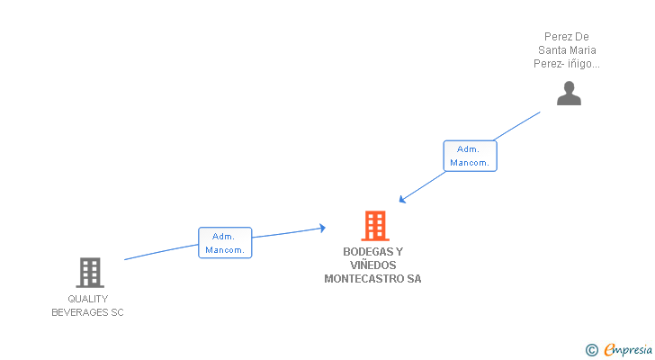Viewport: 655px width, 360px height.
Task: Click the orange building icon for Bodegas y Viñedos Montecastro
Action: (374, 225)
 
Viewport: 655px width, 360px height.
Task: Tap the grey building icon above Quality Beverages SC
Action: (89, 272)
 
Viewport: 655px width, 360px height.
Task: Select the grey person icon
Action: (569, 93)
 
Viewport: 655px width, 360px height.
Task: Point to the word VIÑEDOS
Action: (372, 265)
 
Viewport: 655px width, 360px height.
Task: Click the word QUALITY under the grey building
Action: (88, 299)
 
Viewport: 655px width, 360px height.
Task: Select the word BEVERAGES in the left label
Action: (79, 312)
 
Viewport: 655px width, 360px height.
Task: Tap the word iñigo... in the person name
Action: (583, 64)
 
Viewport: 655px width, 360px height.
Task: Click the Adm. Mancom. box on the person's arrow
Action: (470, 156)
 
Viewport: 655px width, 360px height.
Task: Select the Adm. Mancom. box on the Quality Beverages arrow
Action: (225, 242)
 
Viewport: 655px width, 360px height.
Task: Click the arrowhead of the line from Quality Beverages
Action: (321, 229)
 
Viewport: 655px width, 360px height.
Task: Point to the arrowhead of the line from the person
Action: (403, 200)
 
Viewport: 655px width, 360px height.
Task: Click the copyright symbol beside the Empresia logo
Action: (591, 350)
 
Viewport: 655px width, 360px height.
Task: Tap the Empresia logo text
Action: (627, 349)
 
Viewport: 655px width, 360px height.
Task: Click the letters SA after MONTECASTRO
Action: (414, 279)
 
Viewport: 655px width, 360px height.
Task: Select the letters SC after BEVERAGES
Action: (117, 312)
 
